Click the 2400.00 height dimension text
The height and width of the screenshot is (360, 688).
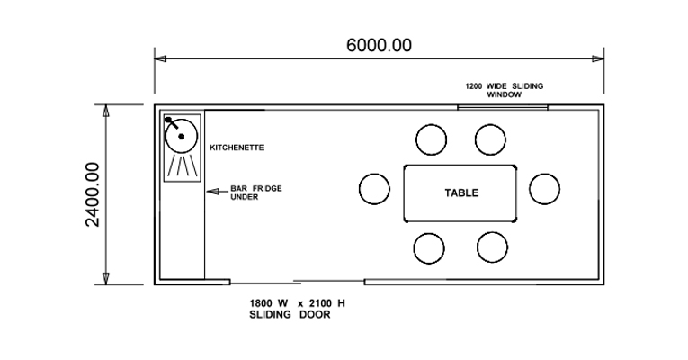93,194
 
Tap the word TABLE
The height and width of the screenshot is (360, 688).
461,193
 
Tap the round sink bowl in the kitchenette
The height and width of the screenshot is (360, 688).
182,136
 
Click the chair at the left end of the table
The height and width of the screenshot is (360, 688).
374,189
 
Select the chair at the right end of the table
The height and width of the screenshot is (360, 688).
544,188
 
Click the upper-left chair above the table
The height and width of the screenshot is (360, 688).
431,139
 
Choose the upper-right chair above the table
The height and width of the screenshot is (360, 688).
491,139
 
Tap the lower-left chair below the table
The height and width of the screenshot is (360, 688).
431,247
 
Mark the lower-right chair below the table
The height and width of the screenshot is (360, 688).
491,247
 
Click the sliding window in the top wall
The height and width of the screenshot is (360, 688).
503,107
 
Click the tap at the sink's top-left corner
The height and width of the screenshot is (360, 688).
168,120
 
